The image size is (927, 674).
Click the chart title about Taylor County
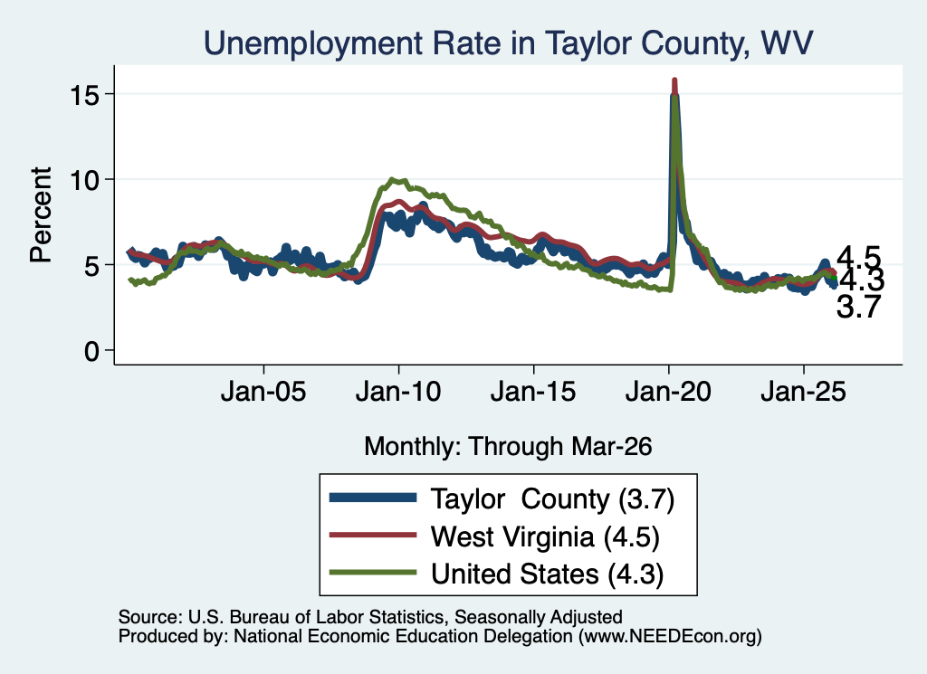[509, 43]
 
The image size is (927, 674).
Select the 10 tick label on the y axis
[84, 179]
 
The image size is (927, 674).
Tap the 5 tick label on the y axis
[91, 265]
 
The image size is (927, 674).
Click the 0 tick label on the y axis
[91, 351]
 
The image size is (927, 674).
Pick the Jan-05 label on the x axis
[263, 392]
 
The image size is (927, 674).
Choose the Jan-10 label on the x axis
[398, 392]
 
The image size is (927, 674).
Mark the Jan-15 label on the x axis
[533, 392]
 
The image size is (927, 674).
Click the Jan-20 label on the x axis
[668, 392]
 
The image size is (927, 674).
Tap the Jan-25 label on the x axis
[804, 392]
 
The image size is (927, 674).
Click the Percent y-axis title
[41, 214]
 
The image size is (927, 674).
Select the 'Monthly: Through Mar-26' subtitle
[508, 447]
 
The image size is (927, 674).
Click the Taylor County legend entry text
[552, 499]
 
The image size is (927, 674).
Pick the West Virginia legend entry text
[544, 537]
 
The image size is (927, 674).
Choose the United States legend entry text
[547, 574]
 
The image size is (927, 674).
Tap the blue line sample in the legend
[372, 498]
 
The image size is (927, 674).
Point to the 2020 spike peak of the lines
[674, 80]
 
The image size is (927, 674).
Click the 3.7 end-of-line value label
[858, 308]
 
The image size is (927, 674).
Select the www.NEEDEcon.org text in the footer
[670, 636]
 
